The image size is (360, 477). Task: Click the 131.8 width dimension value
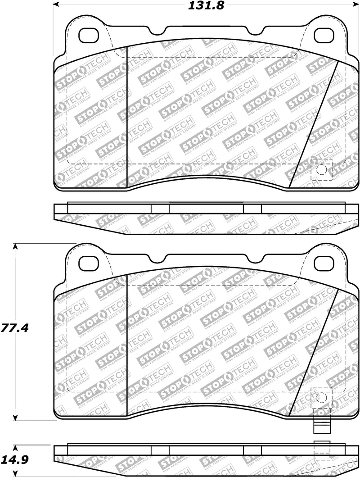[204, 6]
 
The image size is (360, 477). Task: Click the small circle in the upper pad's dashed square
[321, 170]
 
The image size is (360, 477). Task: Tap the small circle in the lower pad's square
[321, 398]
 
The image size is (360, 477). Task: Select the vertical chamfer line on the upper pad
[128, 117]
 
